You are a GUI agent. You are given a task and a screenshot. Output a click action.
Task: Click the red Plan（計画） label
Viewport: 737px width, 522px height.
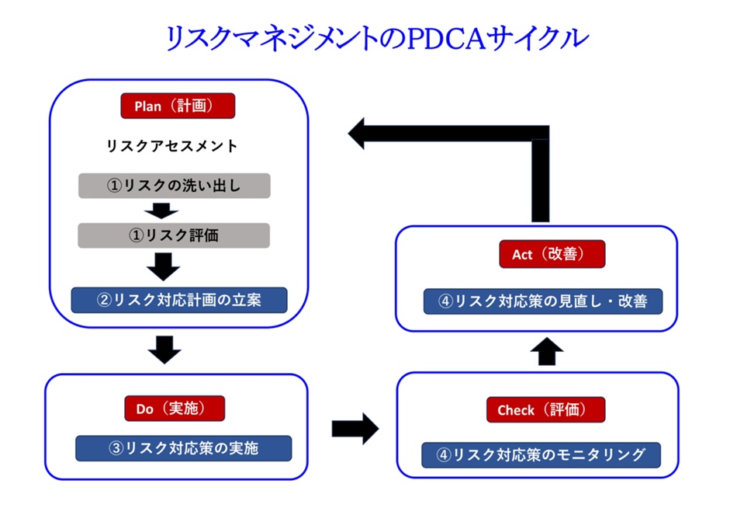178,106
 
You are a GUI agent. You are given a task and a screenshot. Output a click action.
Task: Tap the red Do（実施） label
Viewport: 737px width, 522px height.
175,409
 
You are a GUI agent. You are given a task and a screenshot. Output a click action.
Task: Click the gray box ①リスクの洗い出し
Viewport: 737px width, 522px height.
174,186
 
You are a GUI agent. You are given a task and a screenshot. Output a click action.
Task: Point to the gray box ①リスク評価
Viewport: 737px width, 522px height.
174,235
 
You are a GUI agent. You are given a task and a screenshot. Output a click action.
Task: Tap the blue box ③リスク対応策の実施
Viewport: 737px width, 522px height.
183,447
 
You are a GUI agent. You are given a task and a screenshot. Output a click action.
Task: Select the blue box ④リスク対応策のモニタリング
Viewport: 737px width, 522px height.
541,454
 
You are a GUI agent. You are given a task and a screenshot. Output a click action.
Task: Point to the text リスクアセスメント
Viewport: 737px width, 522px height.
171,145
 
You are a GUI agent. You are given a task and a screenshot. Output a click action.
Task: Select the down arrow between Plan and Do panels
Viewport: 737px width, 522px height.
164,349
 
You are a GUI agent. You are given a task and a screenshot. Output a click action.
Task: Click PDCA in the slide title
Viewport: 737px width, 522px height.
441,38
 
